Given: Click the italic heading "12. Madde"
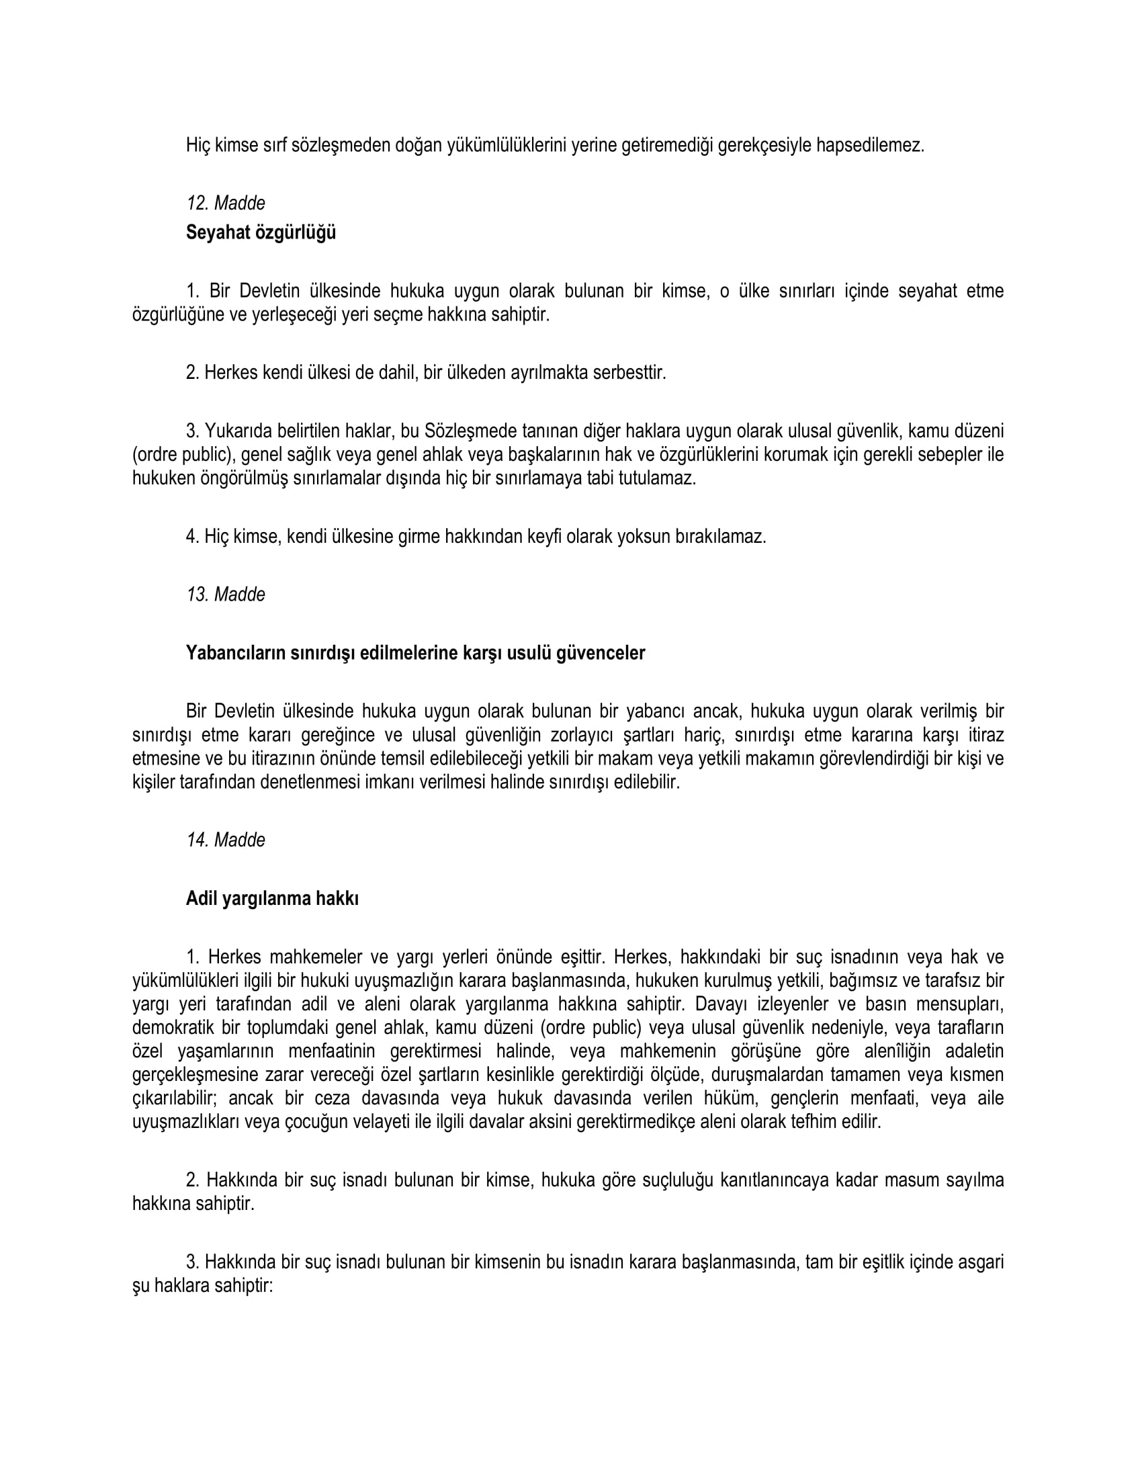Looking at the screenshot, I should (x=225, y=203).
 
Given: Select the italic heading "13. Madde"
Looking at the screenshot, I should (x=225, y=594).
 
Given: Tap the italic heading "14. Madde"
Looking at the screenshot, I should (x=225, y=840).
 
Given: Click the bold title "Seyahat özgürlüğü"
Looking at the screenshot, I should (x=261, y=233).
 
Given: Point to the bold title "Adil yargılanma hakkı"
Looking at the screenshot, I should (x=272, y=899).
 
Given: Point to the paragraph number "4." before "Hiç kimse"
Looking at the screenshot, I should (x=193, y=537).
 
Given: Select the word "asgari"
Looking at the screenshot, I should (x=981, y=1262).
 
